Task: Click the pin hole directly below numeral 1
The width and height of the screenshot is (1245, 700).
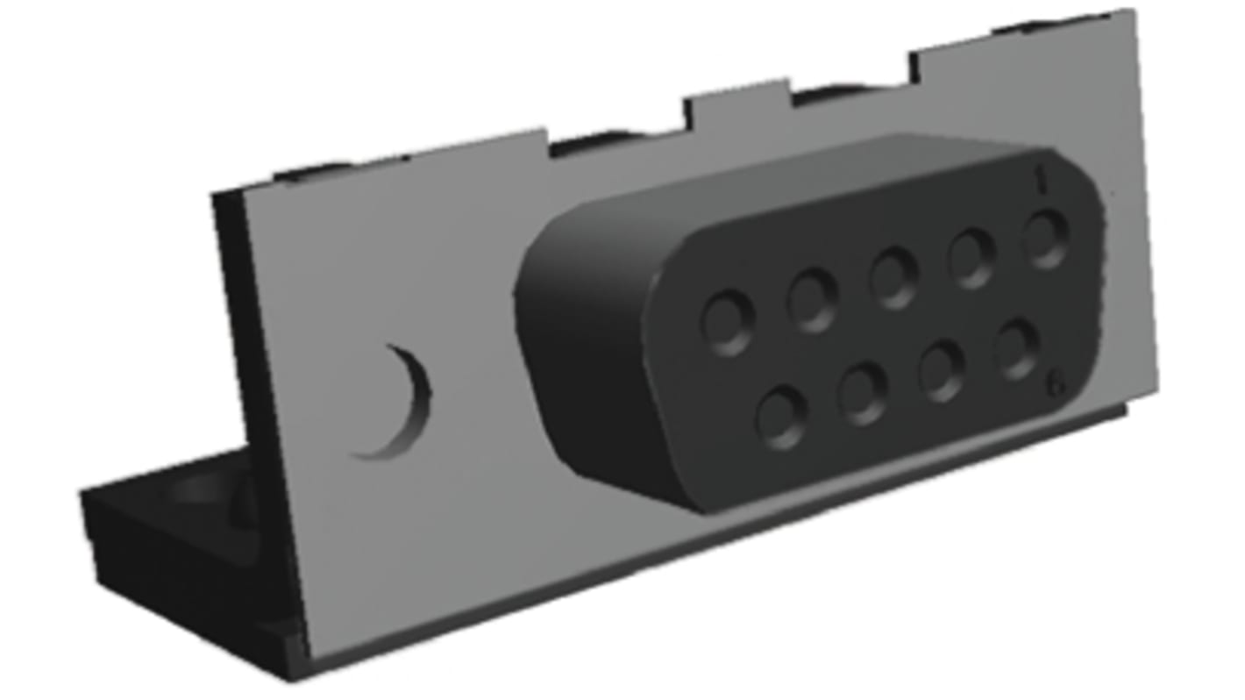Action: pyautogui.click(x=1046, y=239)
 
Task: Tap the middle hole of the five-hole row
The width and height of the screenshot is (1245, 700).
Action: pyautogui.click(x=893, y=278)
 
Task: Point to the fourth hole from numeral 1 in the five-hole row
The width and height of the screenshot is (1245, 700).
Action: pyautogui.click(x=812, y=300)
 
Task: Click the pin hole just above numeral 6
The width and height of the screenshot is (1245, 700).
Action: pyautogui.click(x=1017, y=349)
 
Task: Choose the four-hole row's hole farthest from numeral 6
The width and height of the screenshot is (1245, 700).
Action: pyautogui.click(x=782, y=417)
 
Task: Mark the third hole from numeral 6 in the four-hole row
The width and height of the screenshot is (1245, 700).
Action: pyautogui.click(x=863, y=393)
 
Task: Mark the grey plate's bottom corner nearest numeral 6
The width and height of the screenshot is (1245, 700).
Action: pyautogui.click(x=1156, y=390)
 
